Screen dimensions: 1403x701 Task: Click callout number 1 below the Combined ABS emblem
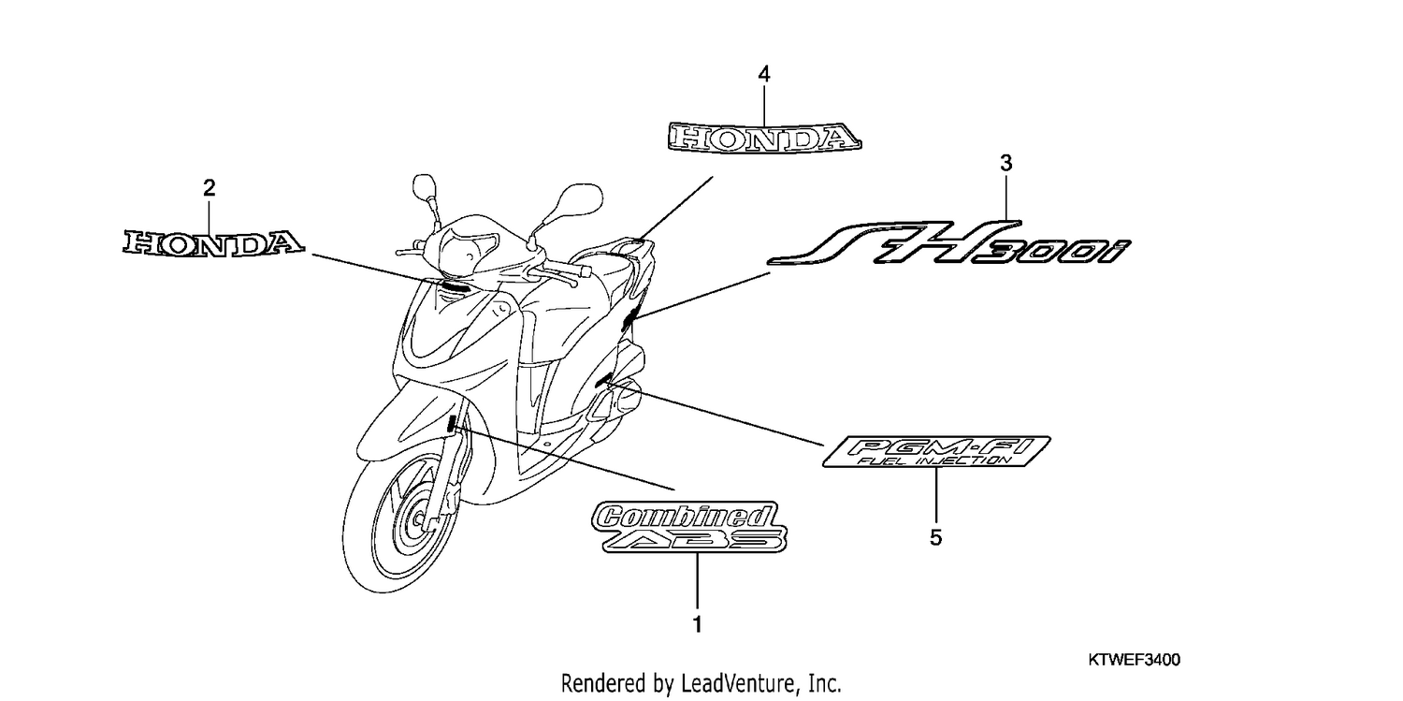click(697, 624)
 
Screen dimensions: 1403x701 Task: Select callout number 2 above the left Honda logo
click(210, 188)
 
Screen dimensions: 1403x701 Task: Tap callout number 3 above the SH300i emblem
click(1005, 164)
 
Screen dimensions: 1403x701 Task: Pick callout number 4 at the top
click(763, 75)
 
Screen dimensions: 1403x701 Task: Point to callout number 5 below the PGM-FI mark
click(935, 537)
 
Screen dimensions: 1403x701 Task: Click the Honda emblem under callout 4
click(765, 138)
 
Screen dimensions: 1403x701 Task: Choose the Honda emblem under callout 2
click(213, 243)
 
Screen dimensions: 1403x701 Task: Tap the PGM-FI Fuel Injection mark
click(936, 452)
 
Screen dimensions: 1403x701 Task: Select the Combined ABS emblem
click(689, 527)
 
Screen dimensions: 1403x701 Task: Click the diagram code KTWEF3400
click(1134, 660)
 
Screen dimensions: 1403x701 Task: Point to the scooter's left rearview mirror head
click(425, 185)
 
